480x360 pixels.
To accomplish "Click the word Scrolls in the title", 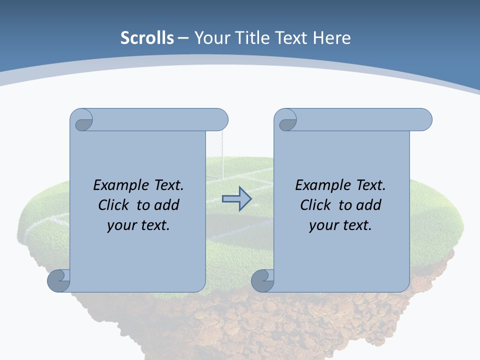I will (x=147, y=38).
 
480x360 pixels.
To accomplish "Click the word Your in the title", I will (x=208, y=38).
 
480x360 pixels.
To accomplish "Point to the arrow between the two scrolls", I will (x=236, y=199).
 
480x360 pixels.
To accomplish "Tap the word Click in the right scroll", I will (x=315, y=205).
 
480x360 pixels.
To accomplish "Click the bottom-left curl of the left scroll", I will (x=59, y=280).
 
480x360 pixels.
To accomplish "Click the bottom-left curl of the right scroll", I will (x=262, y=280).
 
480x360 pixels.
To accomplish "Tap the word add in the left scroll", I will (x=167, y=205).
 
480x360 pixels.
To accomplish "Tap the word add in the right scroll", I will (x=369, y=205).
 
